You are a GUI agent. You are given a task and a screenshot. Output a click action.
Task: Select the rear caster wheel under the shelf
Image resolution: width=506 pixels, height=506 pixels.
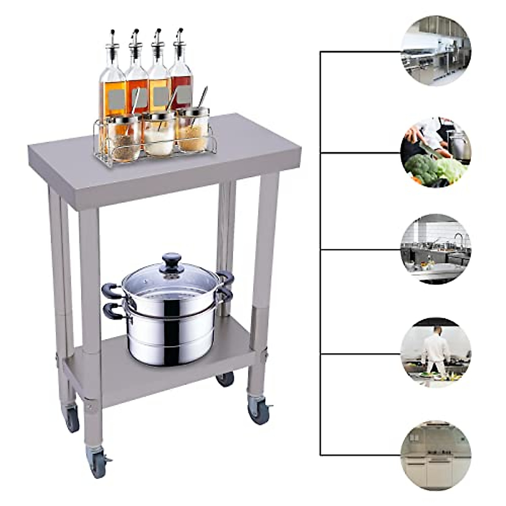225,379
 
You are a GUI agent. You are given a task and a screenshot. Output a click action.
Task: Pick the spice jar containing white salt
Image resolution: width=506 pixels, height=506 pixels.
160,135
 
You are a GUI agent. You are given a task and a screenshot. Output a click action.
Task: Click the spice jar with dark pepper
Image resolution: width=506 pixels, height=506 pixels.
124,137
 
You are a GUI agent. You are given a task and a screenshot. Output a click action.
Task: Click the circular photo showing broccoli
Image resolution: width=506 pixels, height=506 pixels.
436,152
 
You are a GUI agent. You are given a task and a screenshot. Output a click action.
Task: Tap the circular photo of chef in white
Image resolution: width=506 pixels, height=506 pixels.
436,353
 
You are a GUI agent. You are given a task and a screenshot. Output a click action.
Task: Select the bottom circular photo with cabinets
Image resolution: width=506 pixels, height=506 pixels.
436,455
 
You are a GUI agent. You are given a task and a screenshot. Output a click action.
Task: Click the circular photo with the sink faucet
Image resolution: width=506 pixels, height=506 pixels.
436,249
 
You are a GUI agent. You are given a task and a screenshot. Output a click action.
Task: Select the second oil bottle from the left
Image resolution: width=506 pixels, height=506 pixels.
137,84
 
